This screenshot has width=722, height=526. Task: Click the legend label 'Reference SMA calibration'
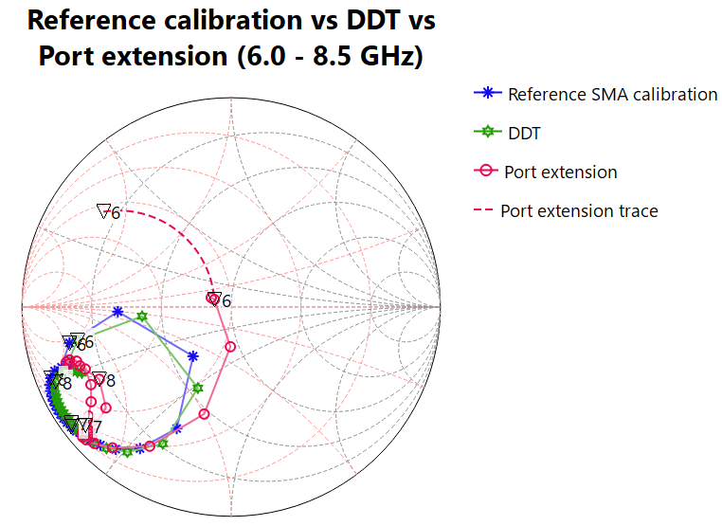612,94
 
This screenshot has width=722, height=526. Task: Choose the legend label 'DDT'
524,134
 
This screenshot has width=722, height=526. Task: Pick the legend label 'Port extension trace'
579,210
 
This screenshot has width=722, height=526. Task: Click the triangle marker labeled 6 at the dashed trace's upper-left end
103,210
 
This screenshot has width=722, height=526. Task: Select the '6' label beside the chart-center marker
226,301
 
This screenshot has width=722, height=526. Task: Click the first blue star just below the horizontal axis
117,311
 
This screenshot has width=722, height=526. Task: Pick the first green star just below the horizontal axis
142,316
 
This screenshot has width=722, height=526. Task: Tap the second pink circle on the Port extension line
230,347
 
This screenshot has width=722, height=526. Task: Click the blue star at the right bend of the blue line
193,356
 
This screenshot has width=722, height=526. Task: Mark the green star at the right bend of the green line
198,388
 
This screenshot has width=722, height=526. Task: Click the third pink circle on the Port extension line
204,414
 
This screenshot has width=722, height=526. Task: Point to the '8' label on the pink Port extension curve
110,380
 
